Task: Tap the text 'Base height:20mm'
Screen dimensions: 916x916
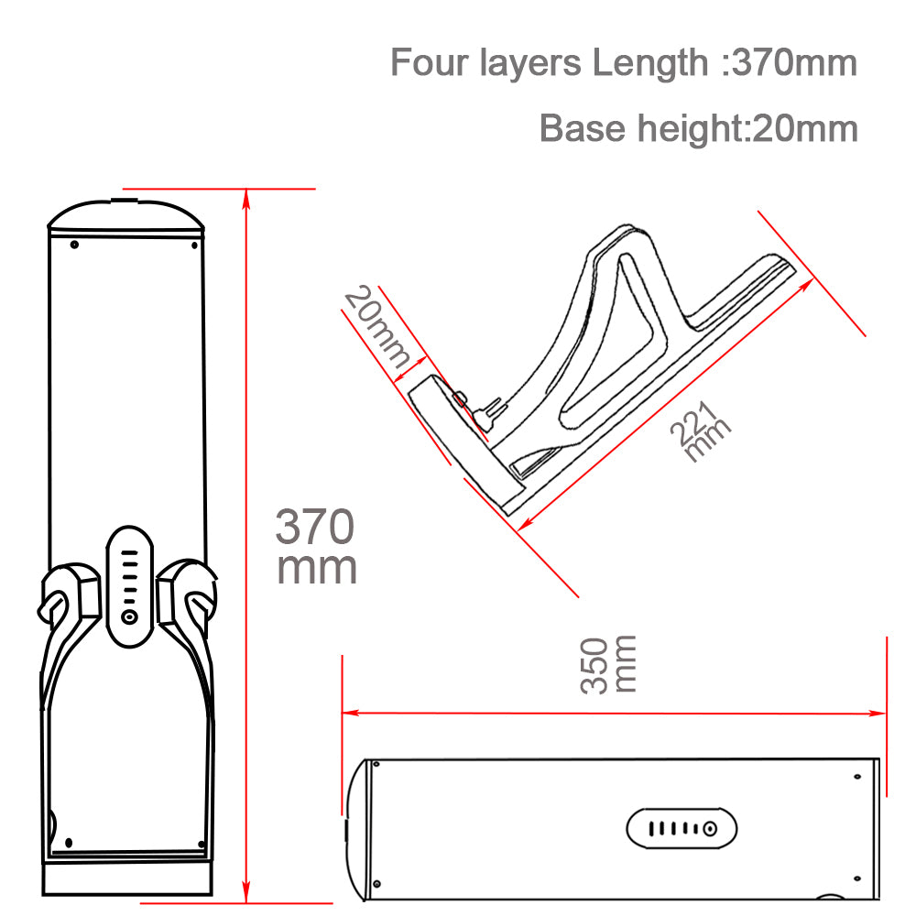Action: pyautogui.click(x=698, y=128)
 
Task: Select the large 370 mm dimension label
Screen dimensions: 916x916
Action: pyautogui.click(x=316, y=547)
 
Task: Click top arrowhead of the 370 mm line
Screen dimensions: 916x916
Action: pyautogui.click(x=246, y=194)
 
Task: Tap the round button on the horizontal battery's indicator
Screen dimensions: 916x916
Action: pyautogui.click(x=709, y=830)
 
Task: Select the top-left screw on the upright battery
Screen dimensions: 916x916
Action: pyautogui.click(x=74, y=244)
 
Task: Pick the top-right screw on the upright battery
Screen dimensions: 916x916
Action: pyautogui.click(x=193, y=244)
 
